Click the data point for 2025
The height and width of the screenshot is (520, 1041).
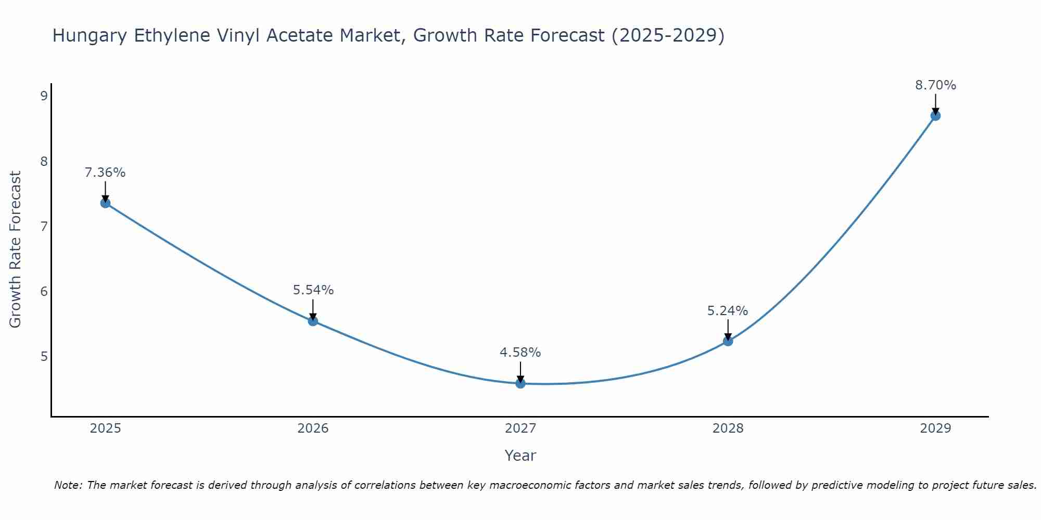105,203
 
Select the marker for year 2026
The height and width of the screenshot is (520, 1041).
313,321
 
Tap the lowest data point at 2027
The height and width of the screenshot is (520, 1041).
520,383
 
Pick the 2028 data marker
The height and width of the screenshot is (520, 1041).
728,341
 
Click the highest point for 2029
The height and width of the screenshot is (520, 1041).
935,115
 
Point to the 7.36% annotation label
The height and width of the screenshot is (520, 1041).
105,173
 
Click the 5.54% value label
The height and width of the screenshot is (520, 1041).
313,290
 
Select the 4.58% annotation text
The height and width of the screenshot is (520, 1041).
520,353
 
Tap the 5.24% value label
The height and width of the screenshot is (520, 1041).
728,311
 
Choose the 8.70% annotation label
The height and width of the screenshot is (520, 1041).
935,85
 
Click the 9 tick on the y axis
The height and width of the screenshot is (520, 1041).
44,96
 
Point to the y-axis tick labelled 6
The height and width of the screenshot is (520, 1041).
44,291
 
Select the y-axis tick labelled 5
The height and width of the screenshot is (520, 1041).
44,356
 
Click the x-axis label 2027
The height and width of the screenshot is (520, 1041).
520,428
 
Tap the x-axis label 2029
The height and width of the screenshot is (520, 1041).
935,428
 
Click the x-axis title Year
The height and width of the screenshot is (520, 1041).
520,456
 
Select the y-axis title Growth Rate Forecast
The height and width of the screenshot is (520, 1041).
16,250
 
